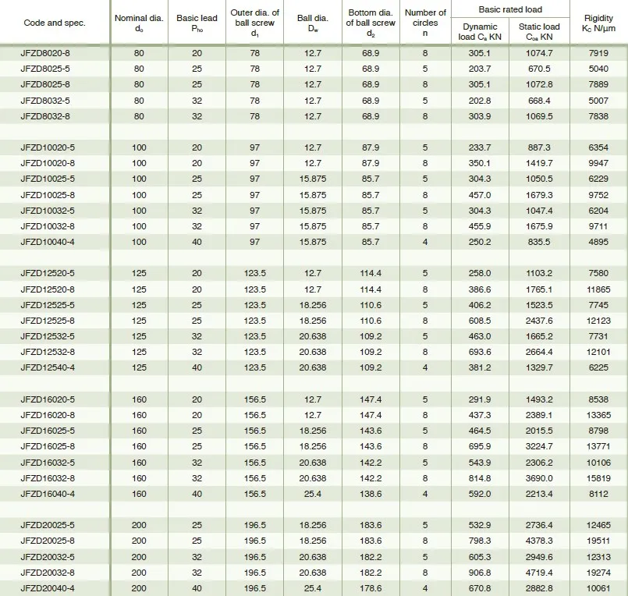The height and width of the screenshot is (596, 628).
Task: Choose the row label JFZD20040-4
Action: [47, 587]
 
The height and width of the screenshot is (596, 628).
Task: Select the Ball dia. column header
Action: [310, 23]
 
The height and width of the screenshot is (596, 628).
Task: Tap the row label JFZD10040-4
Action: [47, 243]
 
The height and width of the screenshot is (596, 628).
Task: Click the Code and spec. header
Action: [54, 23]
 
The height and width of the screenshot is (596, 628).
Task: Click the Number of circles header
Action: [425, 23]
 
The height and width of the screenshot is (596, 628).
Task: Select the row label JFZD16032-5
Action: [47, 462]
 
